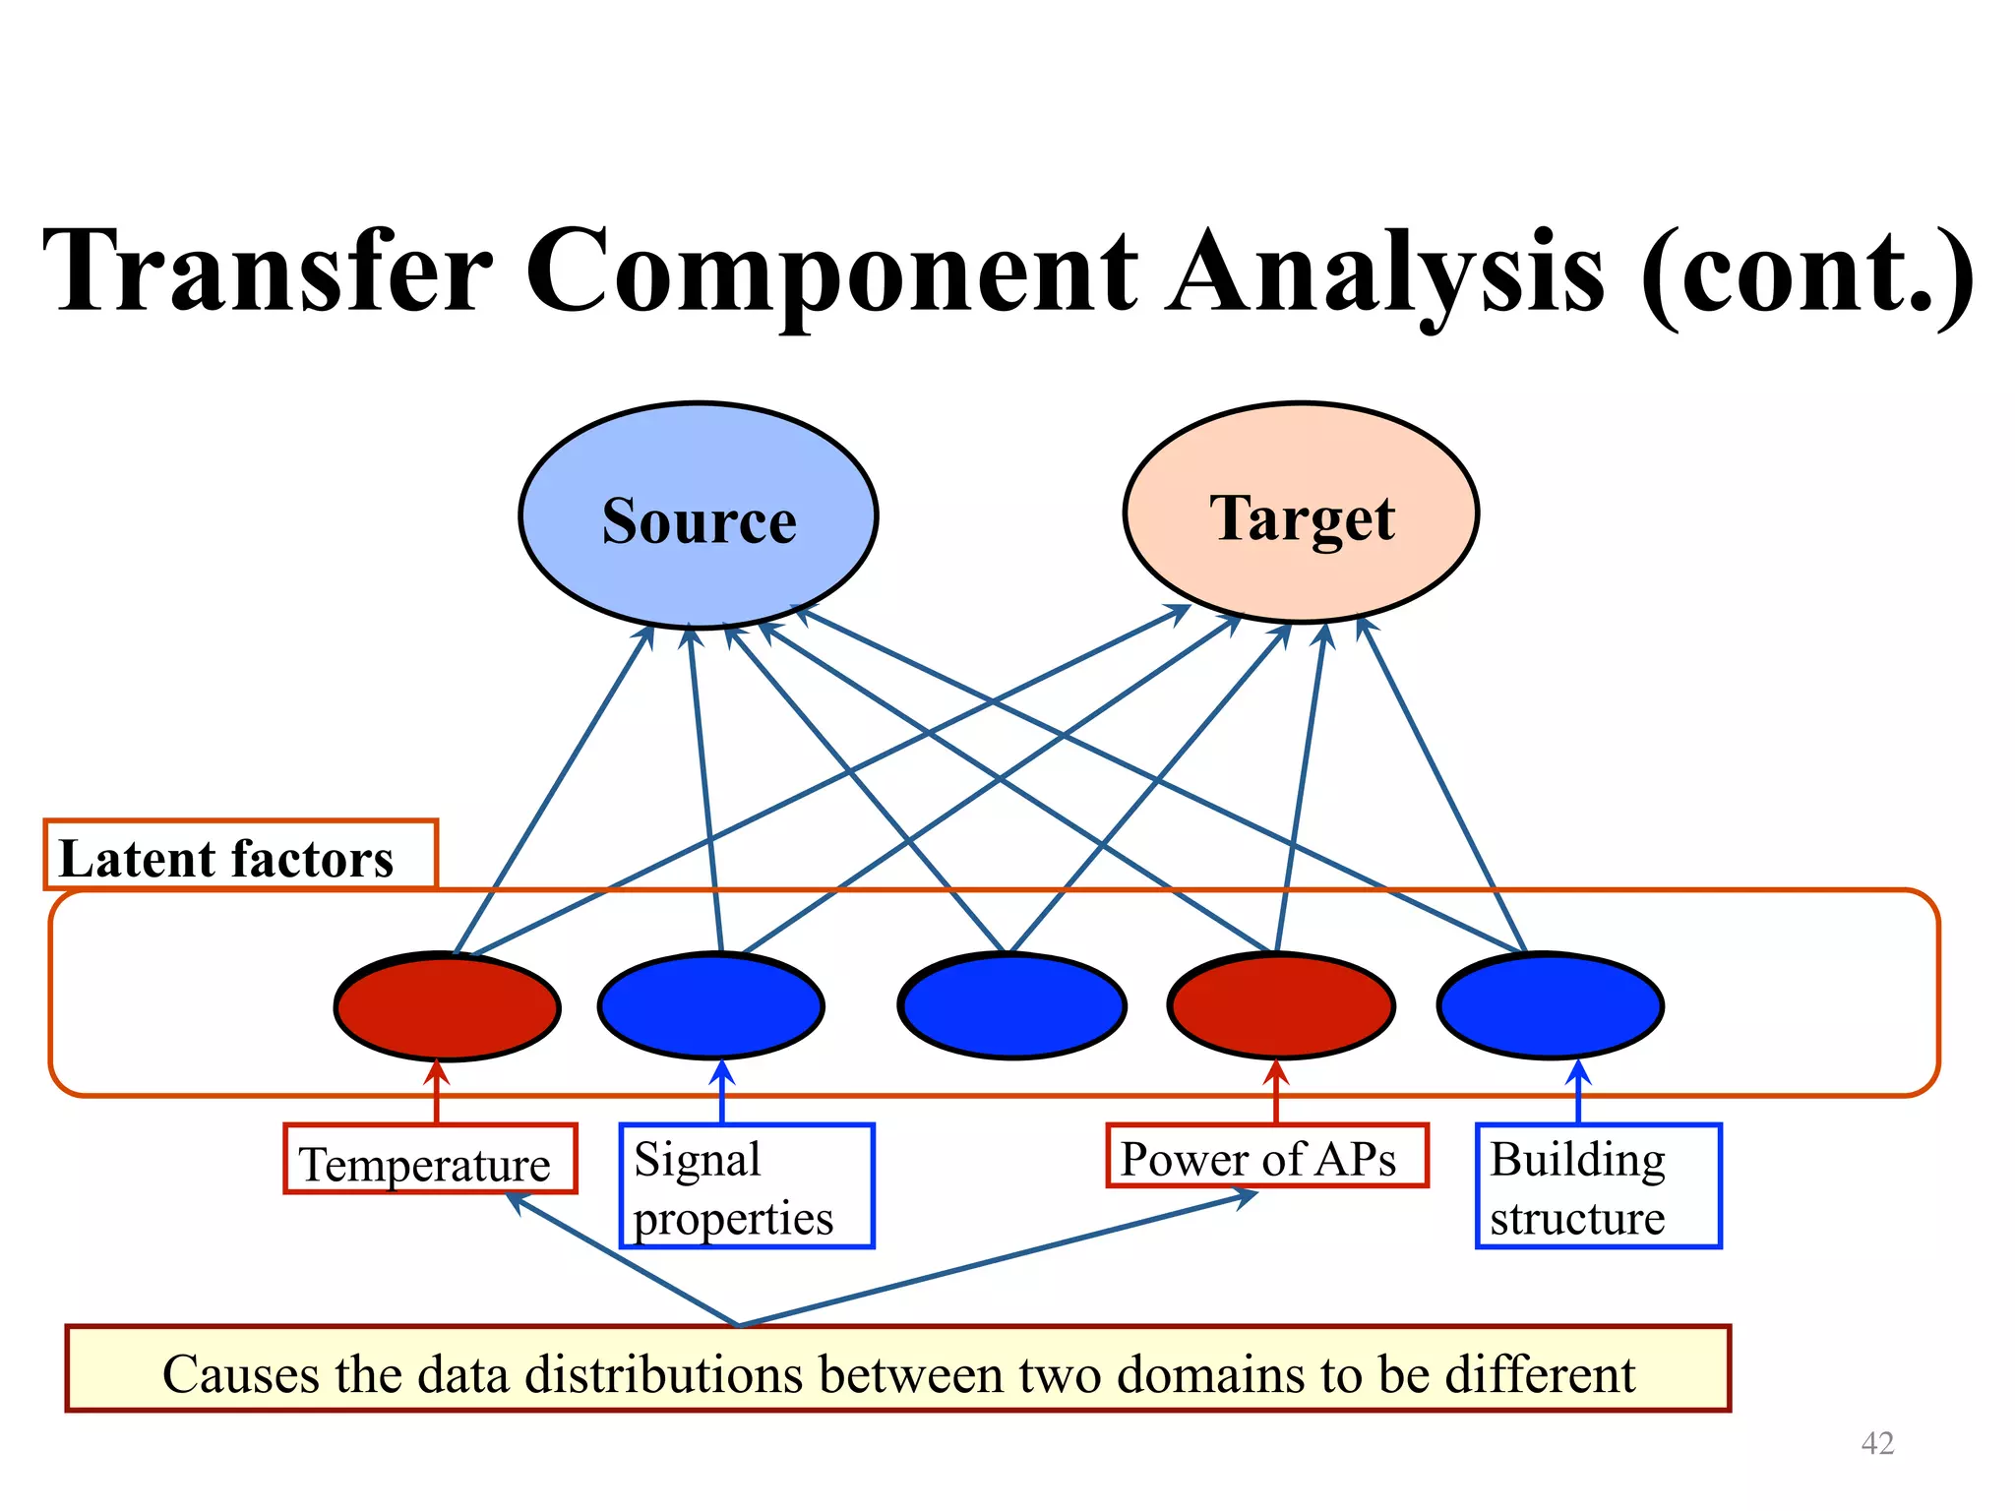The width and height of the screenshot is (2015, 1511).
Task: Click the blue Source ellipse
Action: coord(698,516)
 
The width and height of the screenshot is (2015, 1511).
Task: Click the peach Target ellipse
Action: coord(1301,514)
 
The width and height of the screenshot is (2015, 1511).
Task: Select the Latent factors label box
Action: coord(240,855)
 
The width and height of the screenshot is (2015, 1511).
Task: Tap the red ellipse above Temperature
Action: coord(448,1006)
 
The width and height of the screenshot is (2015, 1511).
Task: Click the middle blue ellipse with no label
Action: coord(1012,1006)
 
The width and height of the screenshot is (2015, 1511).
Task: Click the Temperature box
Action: coord(429,1160)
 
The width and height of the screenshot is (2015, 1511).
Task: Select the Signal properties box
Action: coord(746,1186)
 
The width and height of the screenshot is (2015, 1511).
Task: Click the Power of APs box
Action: coord(1266,1157)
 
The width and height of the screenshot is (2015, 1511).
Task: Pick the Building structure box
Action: coord(1598,1186)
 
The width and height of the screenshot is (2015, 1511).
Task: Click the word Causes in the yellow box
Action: coord(239,1374)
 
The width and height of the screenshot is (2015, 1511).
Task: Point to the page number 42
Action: coord(1877,1443)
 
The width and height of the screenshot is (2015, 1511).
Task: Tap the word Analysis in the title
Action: coord(1384,271)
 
